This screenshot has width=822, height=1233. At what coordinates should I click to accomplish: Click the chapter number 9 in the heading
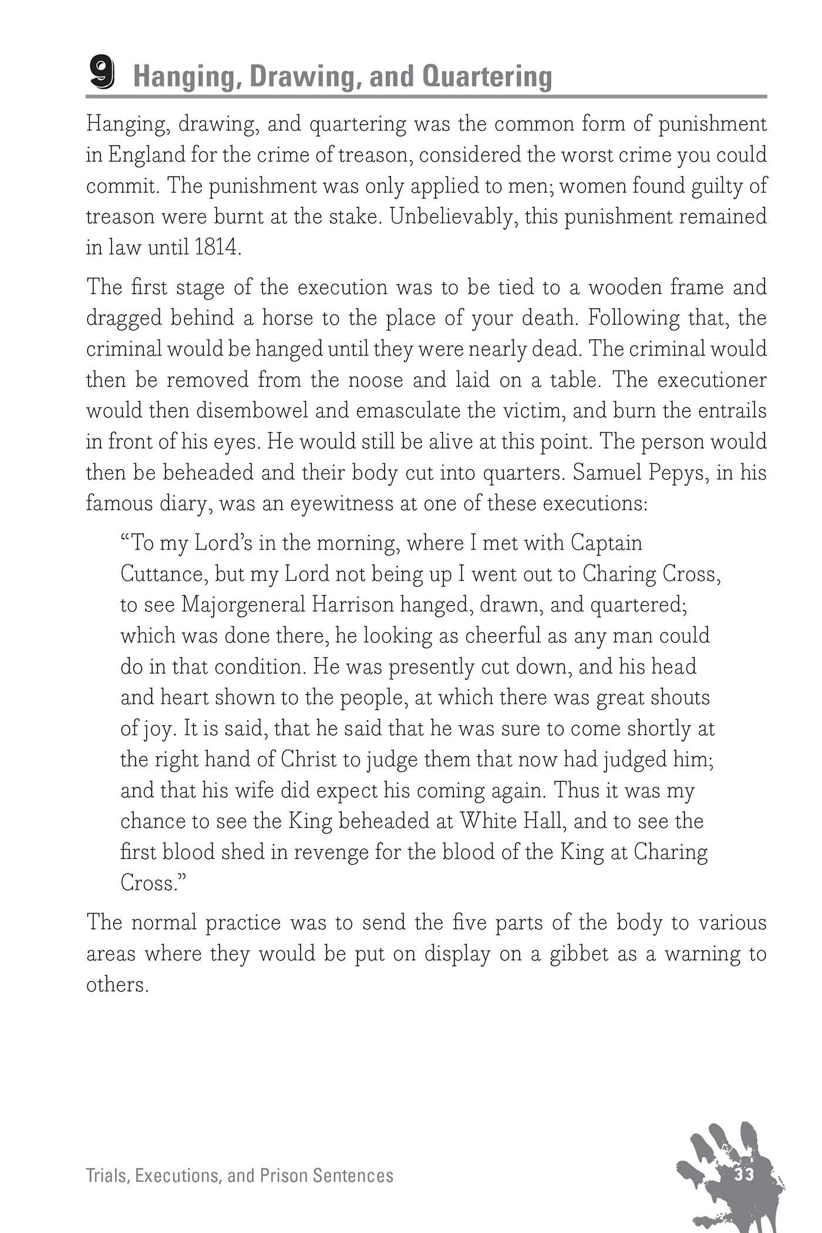click(102, 75)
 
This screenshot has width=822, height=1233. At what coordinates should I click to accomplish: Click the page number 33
click(743, 1158)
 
